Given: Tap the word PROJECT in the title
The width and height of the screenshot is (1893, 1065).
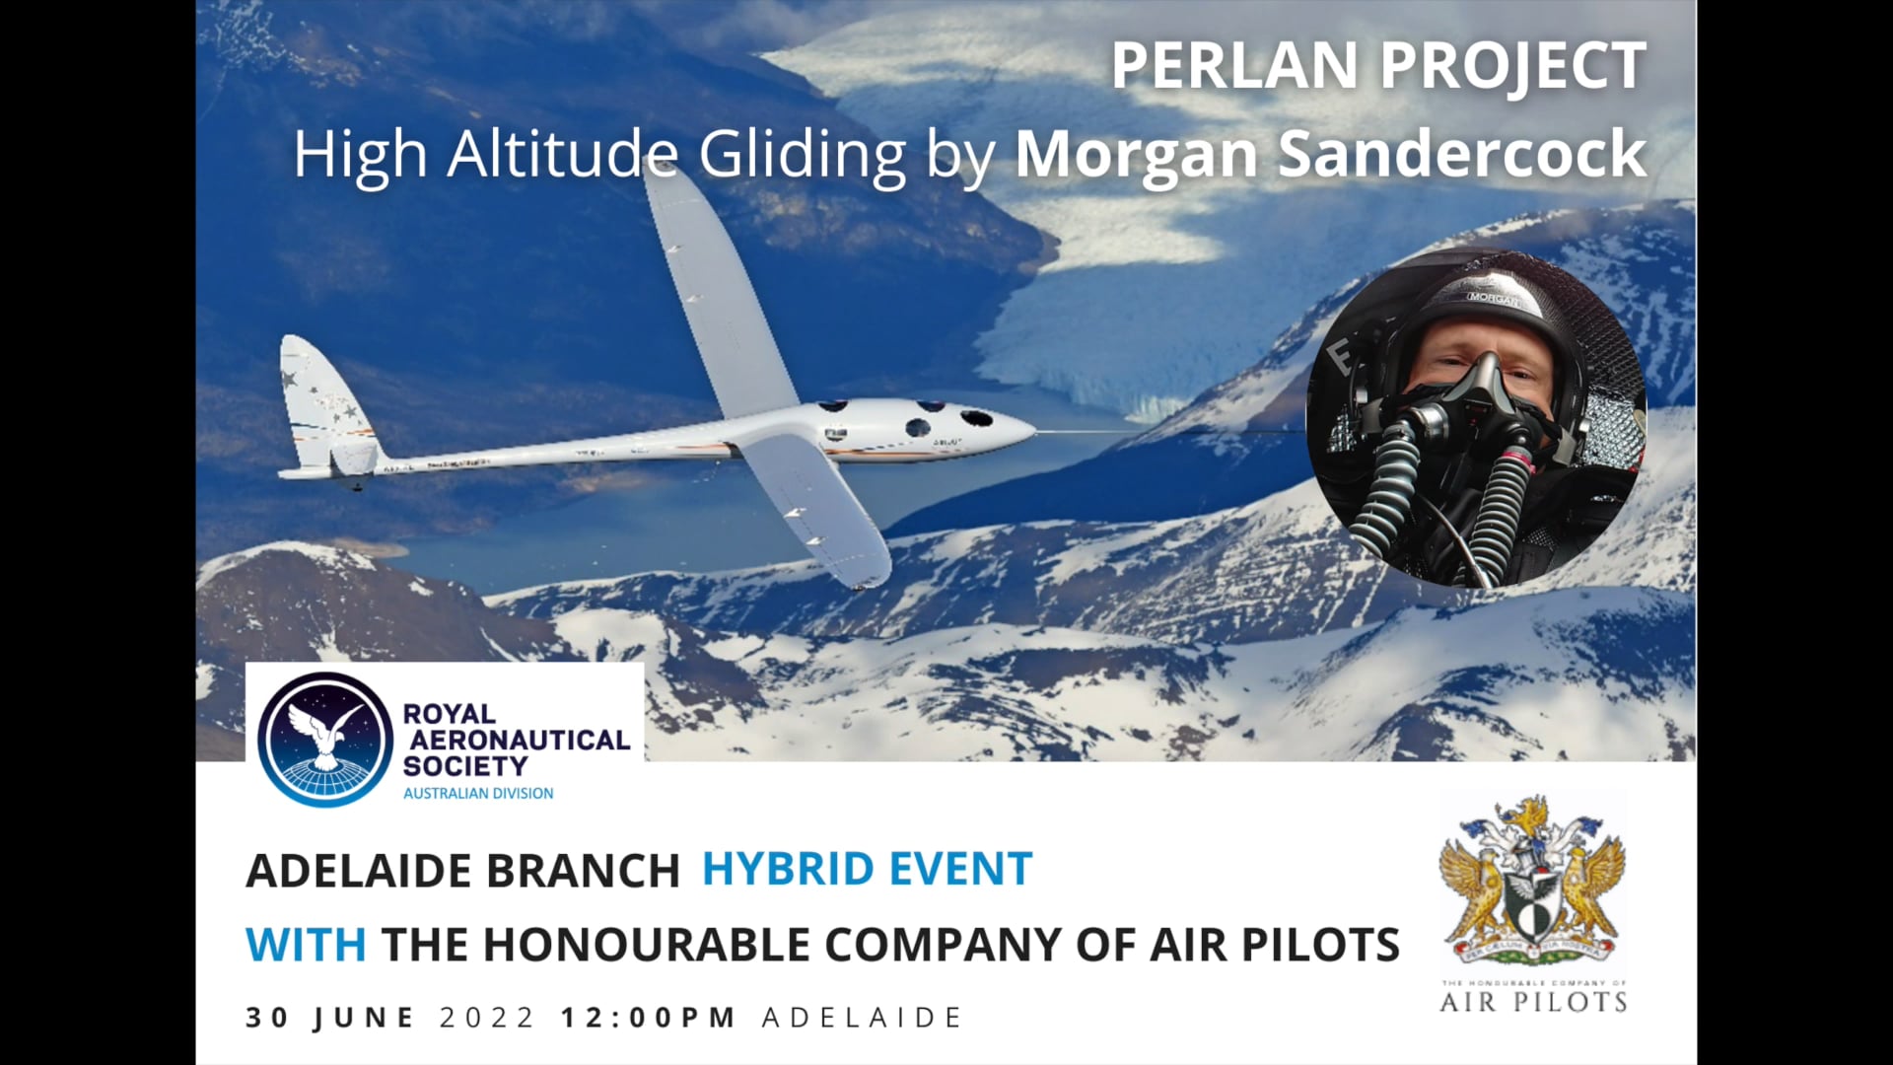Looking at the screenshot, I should [x=1512, y=66].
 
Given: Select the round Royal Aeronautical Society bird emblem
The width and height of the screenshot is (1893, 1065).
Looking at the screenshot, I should [x=325, y=740].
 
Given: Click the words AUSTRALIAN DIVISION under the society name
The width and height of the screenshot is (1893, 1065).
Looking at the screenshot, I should [x=478, y=794].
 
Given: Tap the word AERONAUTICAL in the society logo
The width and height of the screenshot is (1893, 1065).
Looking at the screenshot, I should [x=520, y=740].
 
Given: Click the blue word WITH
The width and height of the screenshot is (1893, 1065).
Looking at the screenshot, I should [x=306, y=945].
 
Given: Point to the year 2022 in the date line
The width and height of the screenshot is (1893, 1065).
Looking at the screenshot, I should [x=487, y=1018].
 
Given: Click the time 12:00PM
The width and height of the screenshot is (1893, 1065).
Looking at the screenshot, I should [x=649, y=1018].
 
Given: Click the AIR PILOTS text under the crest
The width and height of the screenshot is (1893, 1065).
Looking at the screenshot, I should [x=1533, y=1003].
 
